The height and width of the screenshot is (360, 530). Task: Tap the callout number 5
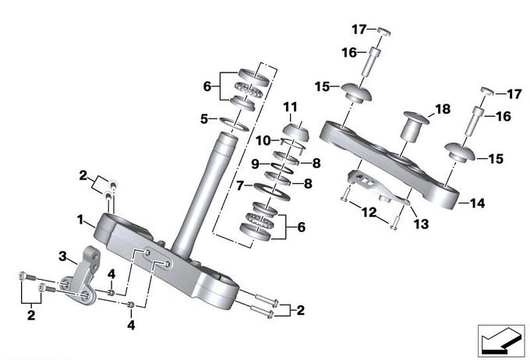[203, 119]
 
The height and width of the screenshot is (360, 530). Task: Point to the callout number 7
[241, 185]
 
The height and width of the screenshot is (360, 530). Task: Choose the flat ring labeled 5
[236, 122]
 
